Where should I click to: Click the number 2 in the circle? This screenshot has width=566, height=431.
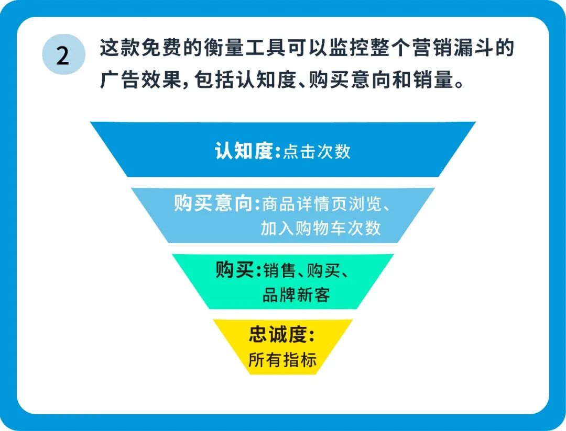[63, 55]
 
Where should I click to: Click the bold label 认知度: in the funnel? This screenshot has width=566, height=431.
[244, 151]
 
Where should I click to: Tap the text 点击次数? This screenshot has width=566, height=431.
[317, 152]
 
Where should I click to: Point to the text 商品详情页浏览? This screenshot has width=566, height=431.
[319, 204]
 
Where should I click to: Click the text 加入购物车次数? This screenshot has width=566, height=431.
[321, 229]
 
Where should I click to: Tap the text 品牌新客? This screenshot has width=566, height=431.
[296, 295]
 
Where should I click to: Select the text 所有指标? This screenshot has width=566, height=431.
[282, 360]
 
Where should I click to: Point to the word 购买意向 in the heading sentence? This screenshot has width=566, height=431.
[348, 81]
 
